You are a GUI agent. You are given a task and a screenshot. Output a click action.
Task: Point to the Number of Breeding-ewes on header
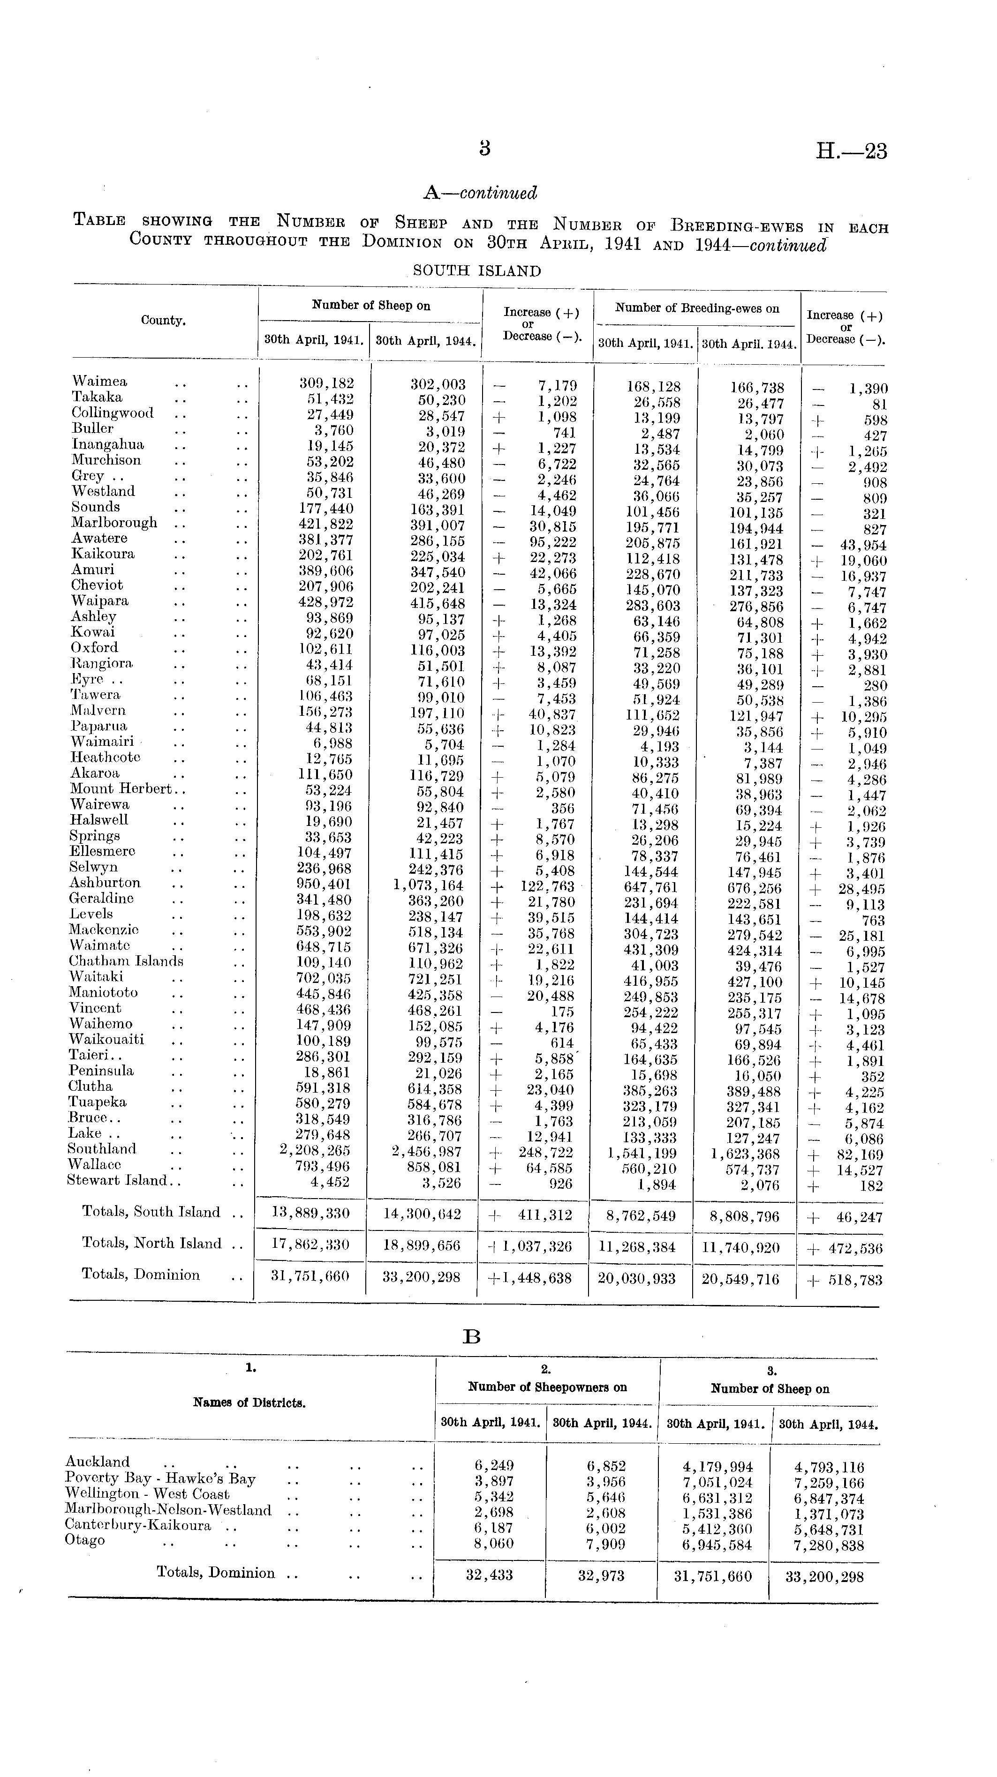(697, 308)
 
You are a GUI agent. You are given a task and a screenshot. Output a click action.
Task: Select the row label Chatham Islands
(126, 961)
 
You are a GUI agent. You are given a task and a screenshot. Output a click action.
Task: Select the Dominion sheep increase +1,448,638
(530, 1278)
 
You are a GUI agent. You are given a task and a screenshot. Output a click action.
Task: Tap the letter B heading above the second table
(472, 1337)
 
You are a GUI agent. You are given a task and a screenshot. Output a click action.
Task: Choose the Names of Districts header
(250, 1402)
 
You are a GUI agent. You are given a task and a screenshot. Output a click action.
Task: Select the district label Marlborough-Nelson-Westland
(168, 1510)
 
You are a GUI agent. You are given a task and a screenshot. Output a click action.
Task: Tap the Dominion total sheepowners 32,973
(602, 1577)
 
